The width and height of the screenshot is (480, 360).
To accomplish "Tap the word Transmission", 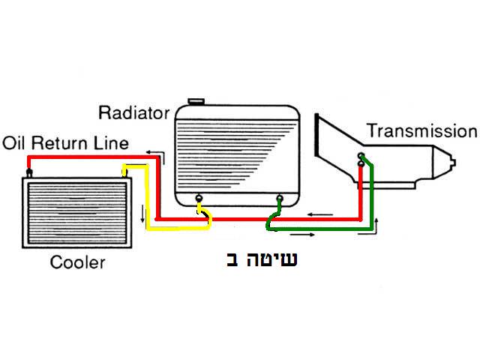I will tap(421, 132).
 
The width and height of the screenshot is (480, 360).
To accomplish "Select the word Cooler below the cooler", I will tap(77, 262).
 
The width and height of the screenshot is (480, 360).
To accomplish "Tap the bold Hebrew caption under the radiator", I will tap(262, 261).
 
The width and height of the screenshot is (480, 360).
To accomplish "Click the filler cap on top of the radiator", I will tap(197, 101).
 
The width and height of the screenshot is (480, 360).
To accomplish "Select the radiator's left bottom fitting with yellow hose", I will tap(199, 199).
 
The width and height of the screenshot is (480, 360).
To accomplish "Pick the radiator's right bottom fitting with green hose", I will tap(280, 199).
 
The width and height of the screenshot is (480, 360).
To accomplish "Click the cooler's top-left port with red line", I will tap(28, 173).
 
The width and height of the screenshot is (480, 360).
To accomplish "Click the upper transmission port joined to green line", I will tap(361, 157).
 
